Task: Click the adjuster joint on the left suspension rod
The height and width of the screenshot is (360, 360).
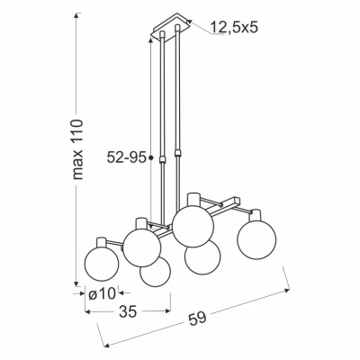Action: (163, 159)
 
